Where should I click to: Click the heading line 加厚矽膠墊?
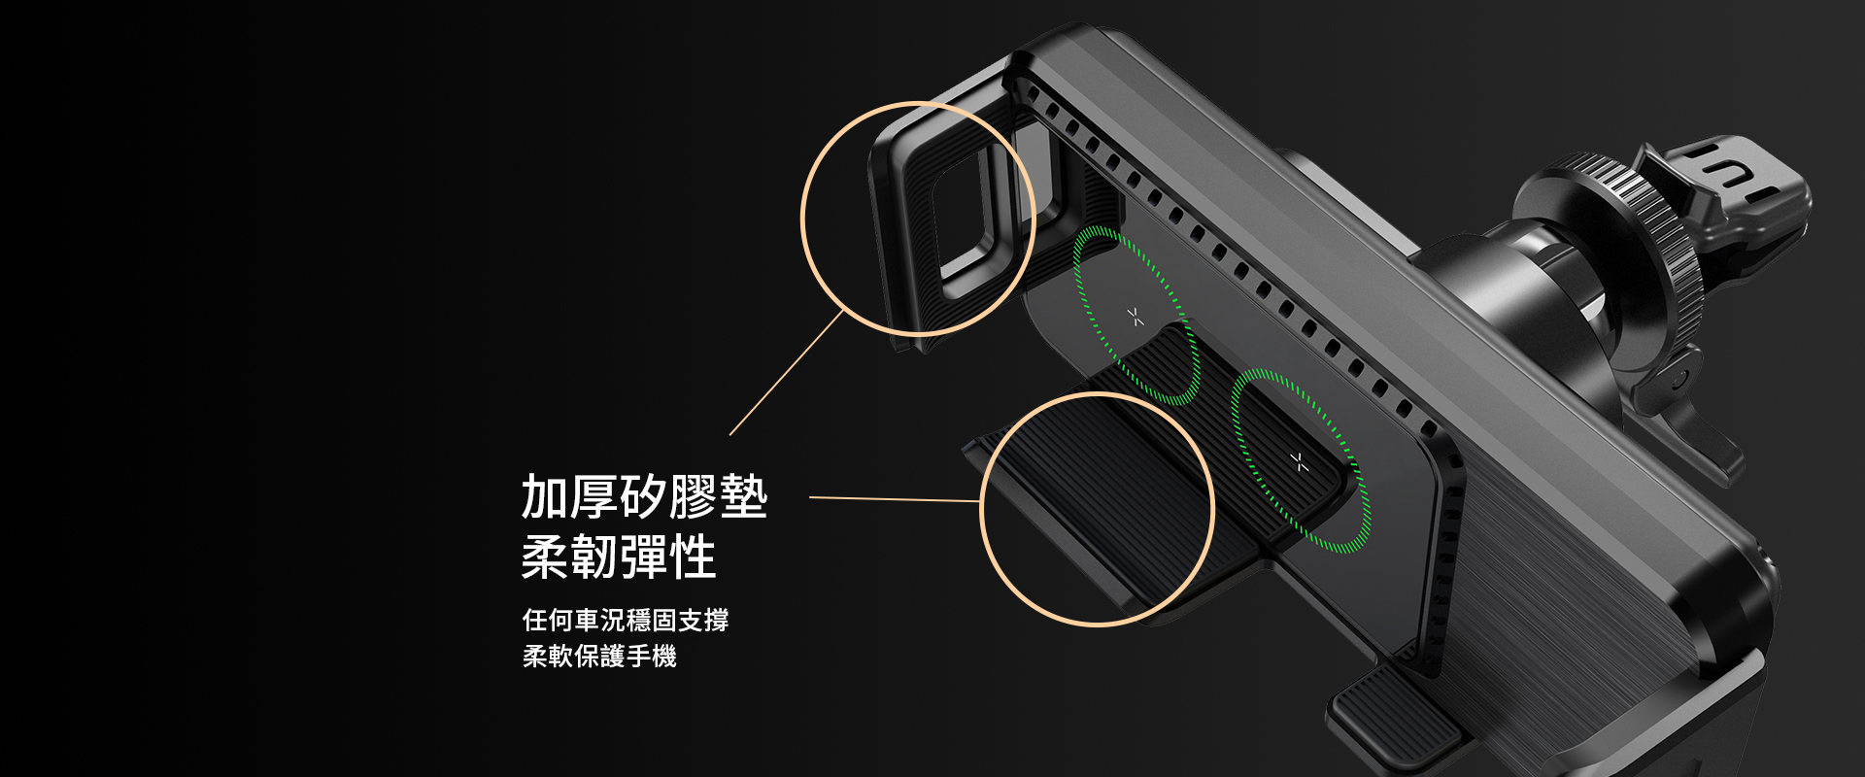coord(644,497)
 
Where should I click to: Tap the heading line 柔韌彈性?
coord(619,557)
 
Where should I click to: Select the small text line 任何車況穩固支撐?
coord(626,620)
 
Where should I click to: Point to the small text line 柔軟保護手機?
coord(599,657)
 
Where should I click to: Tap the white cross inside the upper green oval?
coord(1136,317)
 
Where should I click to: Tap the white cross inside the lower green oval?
coord(1301,462)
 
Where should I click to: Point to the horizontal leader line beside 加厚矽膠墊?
coord(895,499)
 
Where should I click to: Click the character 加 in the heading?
coord(545,497)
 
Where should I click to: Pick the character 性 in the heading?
coord(694,557)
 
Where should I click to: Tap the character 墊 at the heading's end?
coord(744,497)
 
